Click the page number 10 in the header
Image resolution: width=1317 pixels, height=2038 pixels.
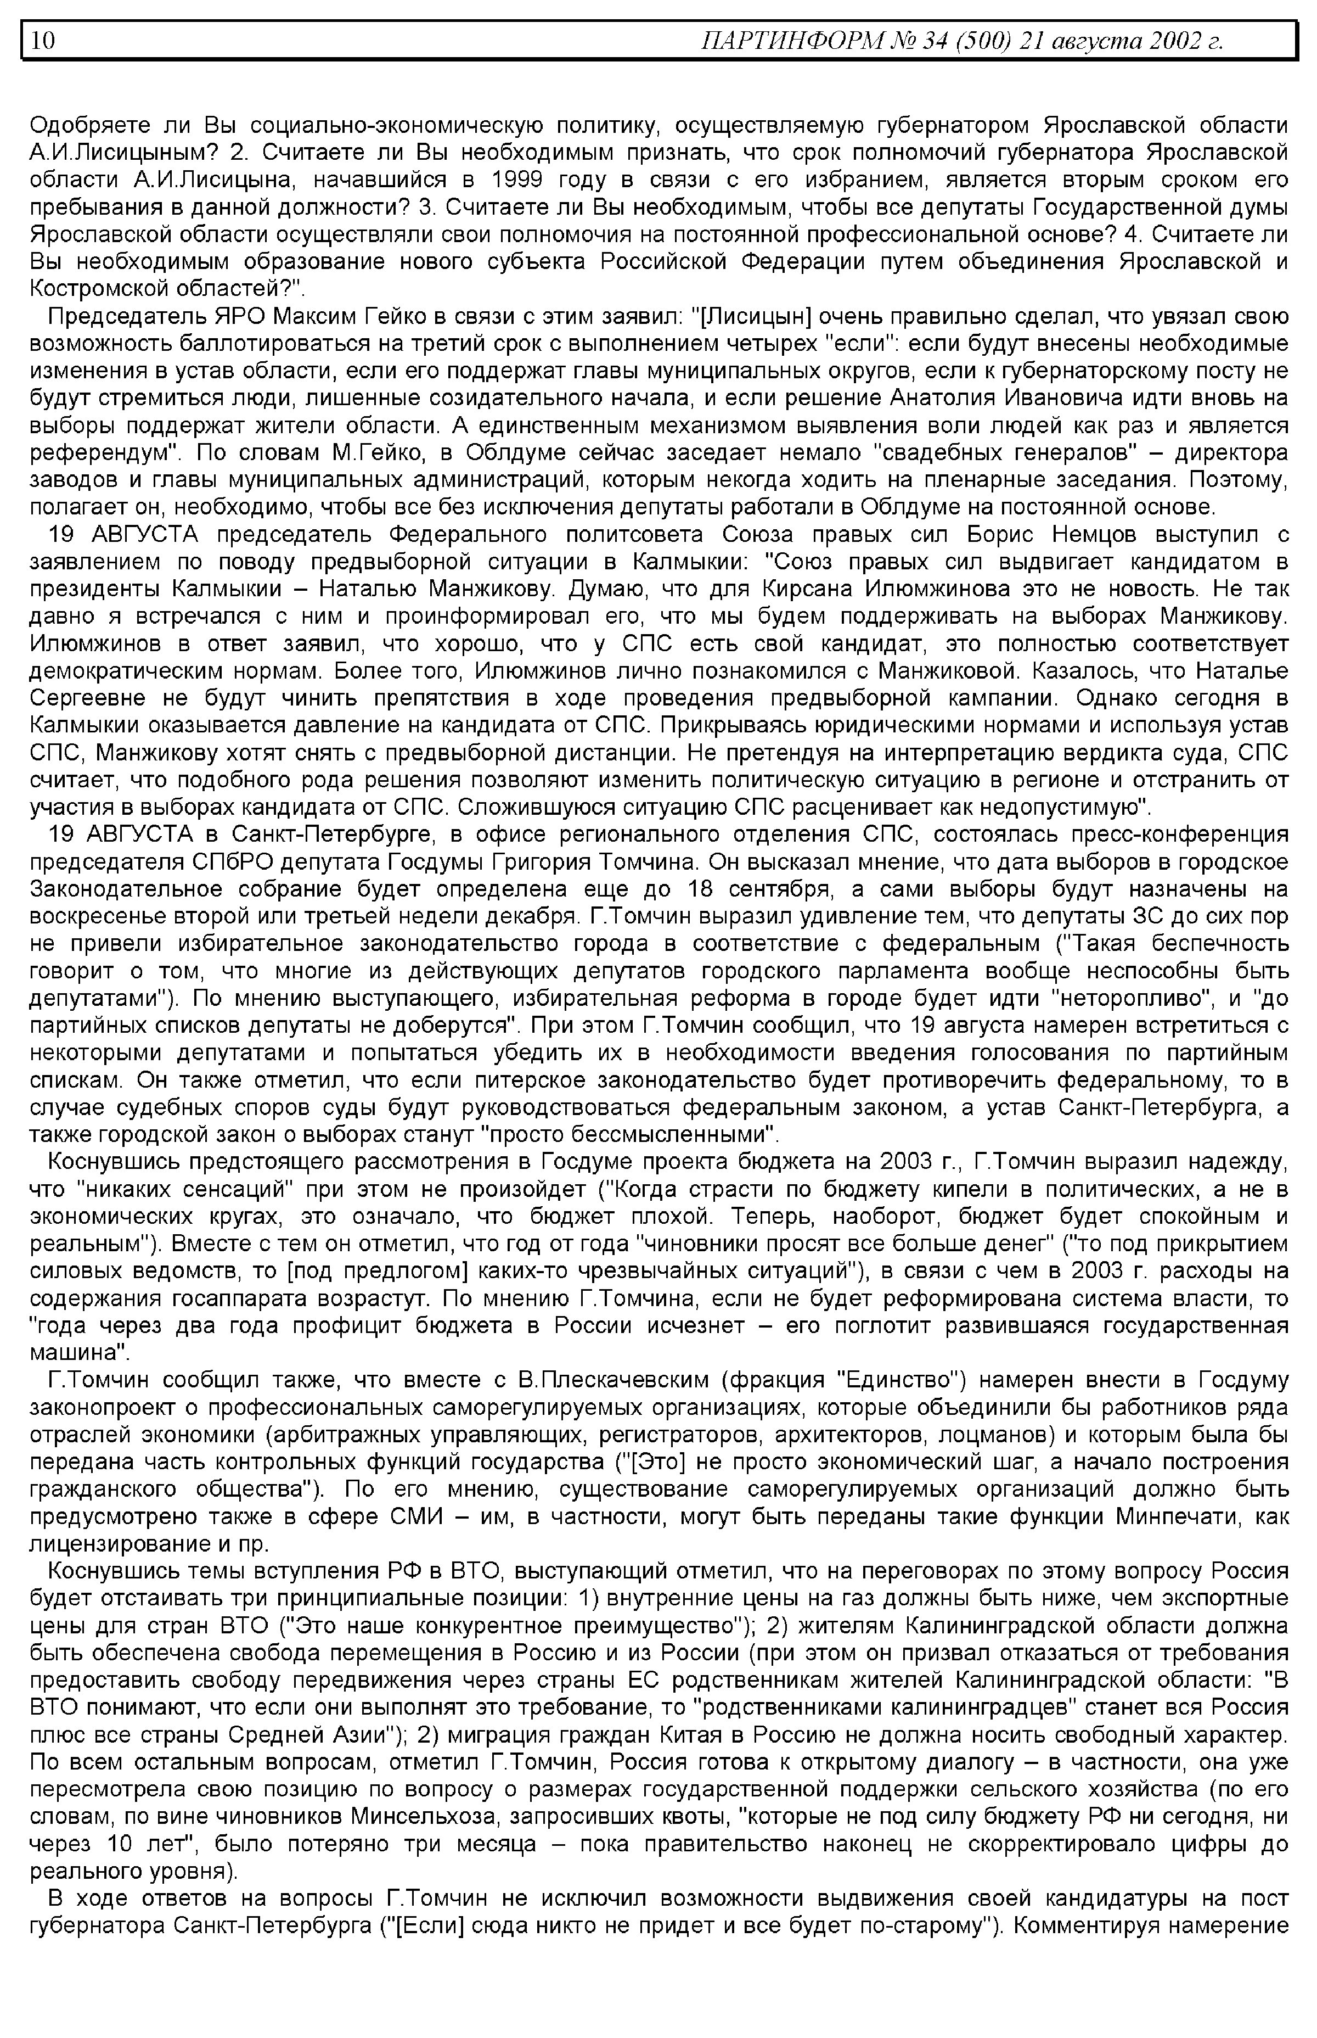click(x=43, y=40)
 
